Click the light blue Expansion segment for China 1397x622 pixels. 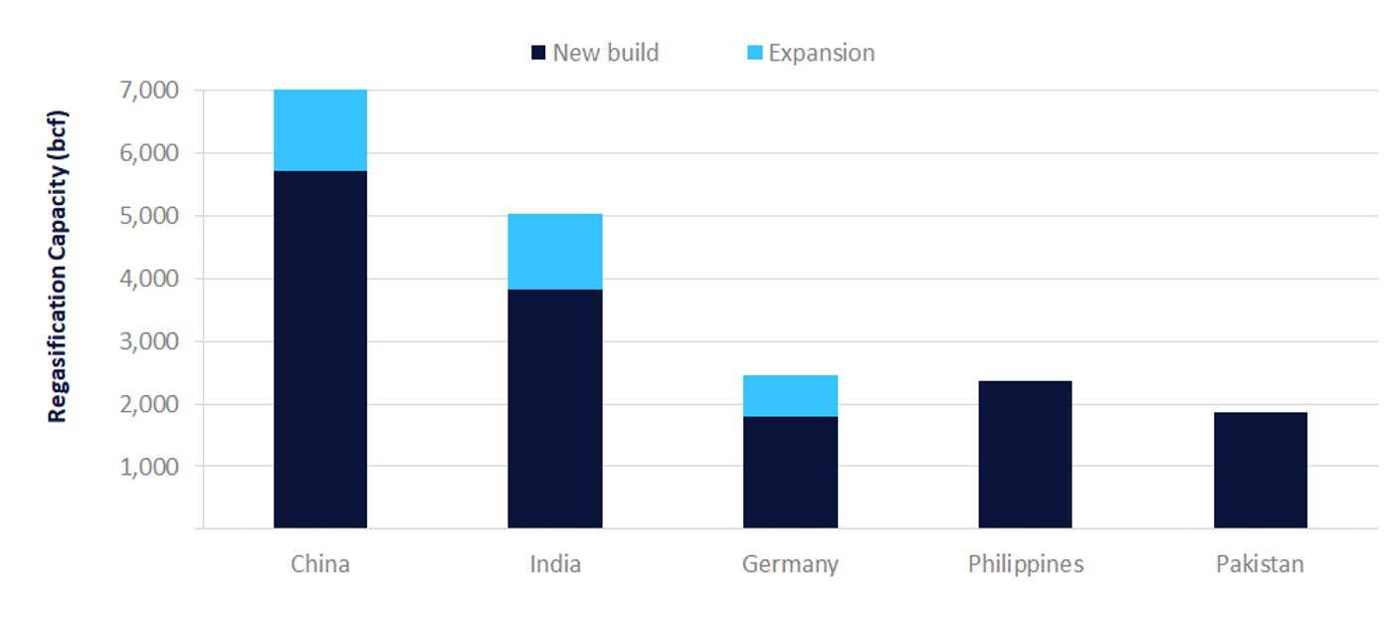click(x=319, y=130)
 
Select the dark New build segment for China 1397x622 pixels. click(x=319, y=348)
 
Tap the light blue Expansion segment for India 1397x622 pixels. click(x=554, y=251)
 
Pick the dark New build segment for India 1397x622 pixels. click(x=554, y=408)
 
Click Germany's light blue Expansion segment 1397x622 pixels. click(x=790, y=395)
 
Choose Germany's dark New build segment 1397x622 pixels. click(x=790, y=472)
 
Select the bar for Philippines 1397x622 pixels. click(x=1025, y=454)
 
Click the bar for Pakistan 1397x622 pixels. click(x=1260, y=470)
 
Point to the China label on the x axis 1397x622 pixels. click(x=319, y=564)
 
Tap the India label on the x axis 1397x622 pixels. click(x=554, y=564)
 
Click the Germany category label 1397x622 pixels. click(x=790, y=564)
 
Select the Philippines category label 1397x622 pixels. click(x=1025, y=564)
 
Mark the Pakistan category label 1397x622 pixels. click(x=1260, y=564)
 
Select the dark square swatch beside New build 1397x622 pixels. click(x=538, y=53)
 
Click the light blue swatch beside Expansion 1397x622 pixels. click(x=754, y=53)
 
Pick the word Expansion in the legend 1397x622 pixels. click(x=821, y=53)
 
